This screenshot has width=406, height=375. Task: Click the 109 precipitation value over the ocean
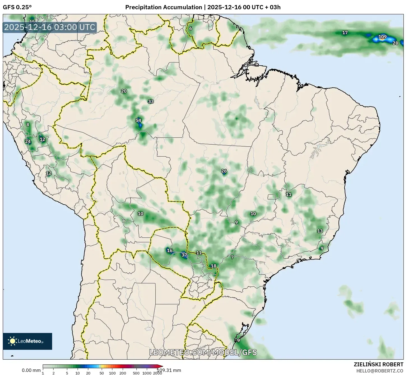pyautogui.click(x=382, y=37)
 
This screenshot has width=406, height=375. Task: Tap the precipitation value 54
pyautogui.click(x=138, y=121)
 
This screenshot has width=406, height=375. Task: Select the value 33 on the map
pyautogui.click(x=151, y=101)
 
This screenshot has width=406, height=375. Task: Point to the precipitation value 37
pyautogui.click(x=184, y=255)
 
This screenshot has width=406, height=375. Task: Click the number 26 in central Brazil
pyautogui.click(x=224, y=171)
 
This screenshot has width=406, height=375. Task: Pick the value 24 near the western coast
pyautogui.click(x=28, y=141)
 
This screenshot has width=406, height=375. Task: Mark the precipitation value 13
pyautogui.click(x=320, y=231)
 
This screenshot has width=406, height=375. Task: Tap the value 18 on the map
pyautogui.click(x=214, y=266)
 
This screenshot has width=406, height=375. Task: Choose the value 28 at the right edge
pyautogui.click(x=395, y=43)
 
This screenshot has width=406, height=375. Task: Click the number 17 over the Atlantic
pyautogui.click(x=345, y=33)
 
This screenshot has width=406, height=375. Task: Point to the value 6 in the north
pyautogui.click(x=191, y=28)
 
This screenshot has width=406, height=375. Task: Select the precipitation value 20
pyautogui.click(x=124, y=91)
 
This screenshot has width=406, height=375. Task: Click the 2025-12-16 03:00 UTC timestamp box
pyautogui.click(x=50, y=27)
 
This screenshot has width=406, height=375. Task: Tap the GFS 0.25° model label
pyautogui.click(x=17, y=7)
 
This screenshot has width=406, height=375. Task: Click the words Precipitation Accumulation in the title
pyautogui.click(x=164, y=7)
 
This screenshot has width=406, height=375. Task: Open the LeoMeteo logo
pyautogui.click(x=27, y=341)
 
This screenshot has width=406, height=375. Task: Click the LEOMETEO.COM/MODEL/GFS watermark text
pyautogui.click(x=203, y=352)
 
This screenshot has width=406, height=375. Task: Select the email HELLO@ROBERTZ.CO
pyautogui.click(x=380, y=371)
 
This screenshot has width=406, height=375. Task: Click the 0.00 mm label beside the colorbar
pyautogui.click(x=31, y=370)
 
